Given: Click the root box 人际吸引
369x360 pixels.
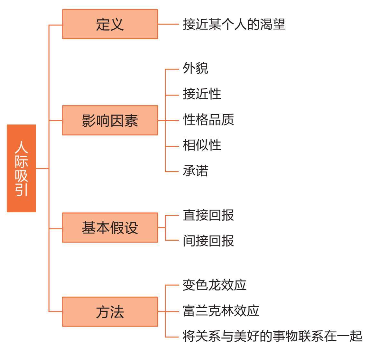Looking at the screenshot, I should pos(21,168).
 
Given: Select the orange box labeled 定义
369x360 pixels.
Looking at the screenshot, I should pos(110,24).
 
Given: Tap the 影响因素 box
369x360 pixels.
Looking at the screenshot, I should pos(110,120).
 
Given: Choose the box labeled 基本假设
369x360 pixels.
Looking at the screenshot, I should pos(110,227).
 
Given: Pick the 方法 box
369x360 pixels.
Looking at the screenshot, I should pos(110,312).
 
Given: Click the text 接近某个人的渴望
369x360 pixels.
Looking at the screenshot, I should pos(234,24).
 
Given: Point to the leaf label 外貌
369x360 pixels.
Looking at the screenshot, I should pos(195,68).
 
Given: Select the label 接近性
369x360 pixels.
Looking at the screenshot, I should pos(202,94).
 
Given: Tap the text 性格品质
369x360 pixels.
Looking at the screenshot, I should pos(208,119).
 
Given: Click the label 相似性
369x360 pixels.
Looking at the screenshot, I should pos(202,145).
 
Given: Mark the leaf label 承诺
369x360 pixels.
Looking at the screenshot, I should pos(195,171).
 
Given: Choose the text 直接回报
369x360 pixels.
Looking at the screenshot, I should pos(208,215).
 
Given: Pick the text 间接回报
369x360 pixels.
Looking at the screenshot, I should pos(208,240).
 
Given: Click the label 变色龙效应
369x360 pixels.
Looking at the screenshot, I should pos(214,285).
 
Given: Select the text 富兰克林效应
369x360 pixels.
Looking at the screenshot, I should pos(221,311).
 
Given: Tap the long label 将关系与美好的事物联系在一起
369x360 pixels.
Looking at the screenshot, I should pos(272,336).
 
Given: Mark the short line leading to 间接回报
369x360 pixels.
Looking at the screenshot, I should pos(172,240).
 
